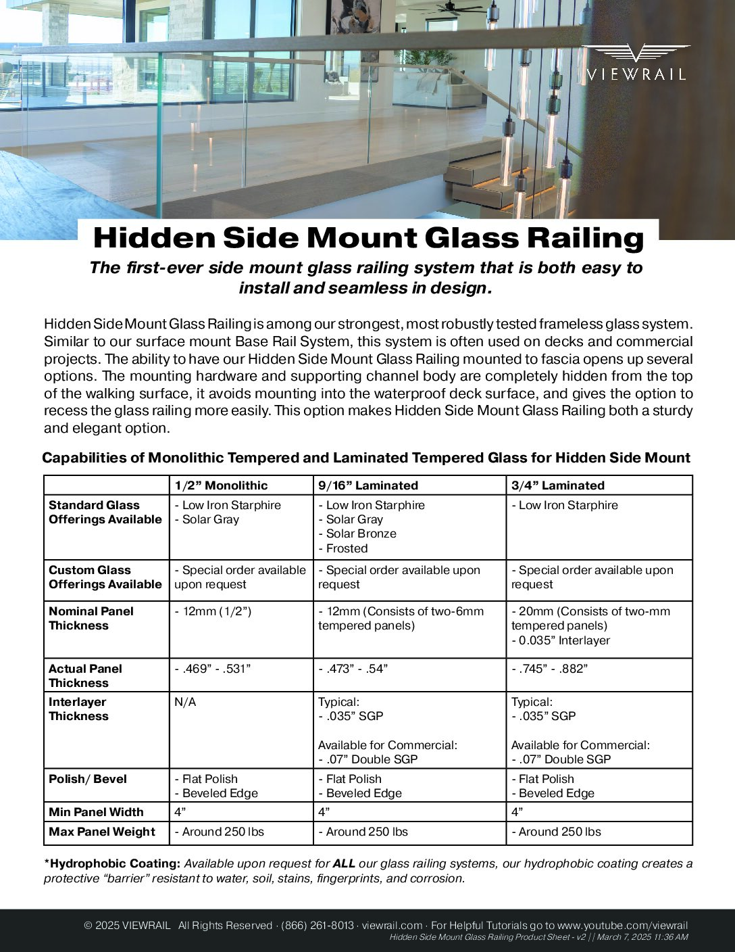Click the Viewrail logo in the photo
[635, 62]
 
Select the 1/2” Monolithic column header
[221, 485]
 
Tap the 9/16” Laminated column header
[368, 485]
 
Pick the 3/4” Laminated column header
[557, 485]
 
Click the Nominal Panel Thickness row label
[91, 618]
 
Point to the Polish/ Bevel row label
[88, 779]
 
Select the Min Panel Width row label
[96, 812]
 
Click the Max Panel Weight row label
[102, 832]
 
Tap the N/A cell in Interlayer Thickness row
[185, 702]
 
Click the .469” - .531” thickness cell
[213, 669]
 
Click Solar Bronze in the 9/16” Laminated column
[361, 533]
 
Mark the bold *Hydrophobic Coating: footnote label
[112, 863]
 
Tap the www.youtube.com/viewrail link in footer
[622, 926]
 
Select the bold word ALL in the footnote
[344, 863]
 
